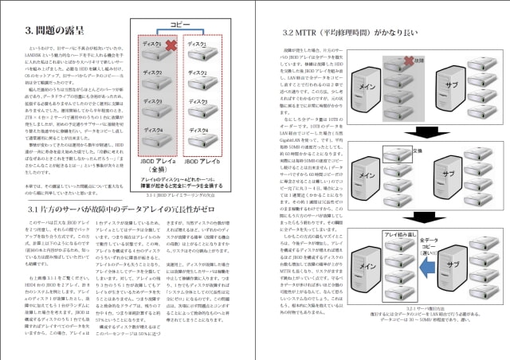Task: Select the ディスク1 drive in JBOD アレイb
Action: pos(205,50)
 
